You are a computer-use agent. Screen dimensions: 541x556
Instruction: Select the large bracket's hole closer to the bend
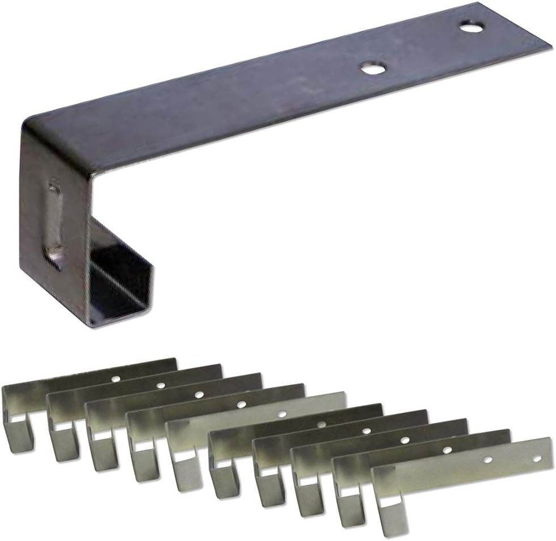click(x=373, y=69)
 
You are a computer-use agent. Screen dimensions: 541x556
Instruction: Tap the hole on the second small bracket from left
click(x=161, y=385)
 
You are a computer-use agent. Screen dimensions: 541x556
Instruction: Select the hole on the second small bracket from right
click(x=448, y=450)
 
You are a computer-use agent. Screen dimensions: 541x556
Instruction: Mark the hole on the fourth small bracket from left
click(x=242, y=405)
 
